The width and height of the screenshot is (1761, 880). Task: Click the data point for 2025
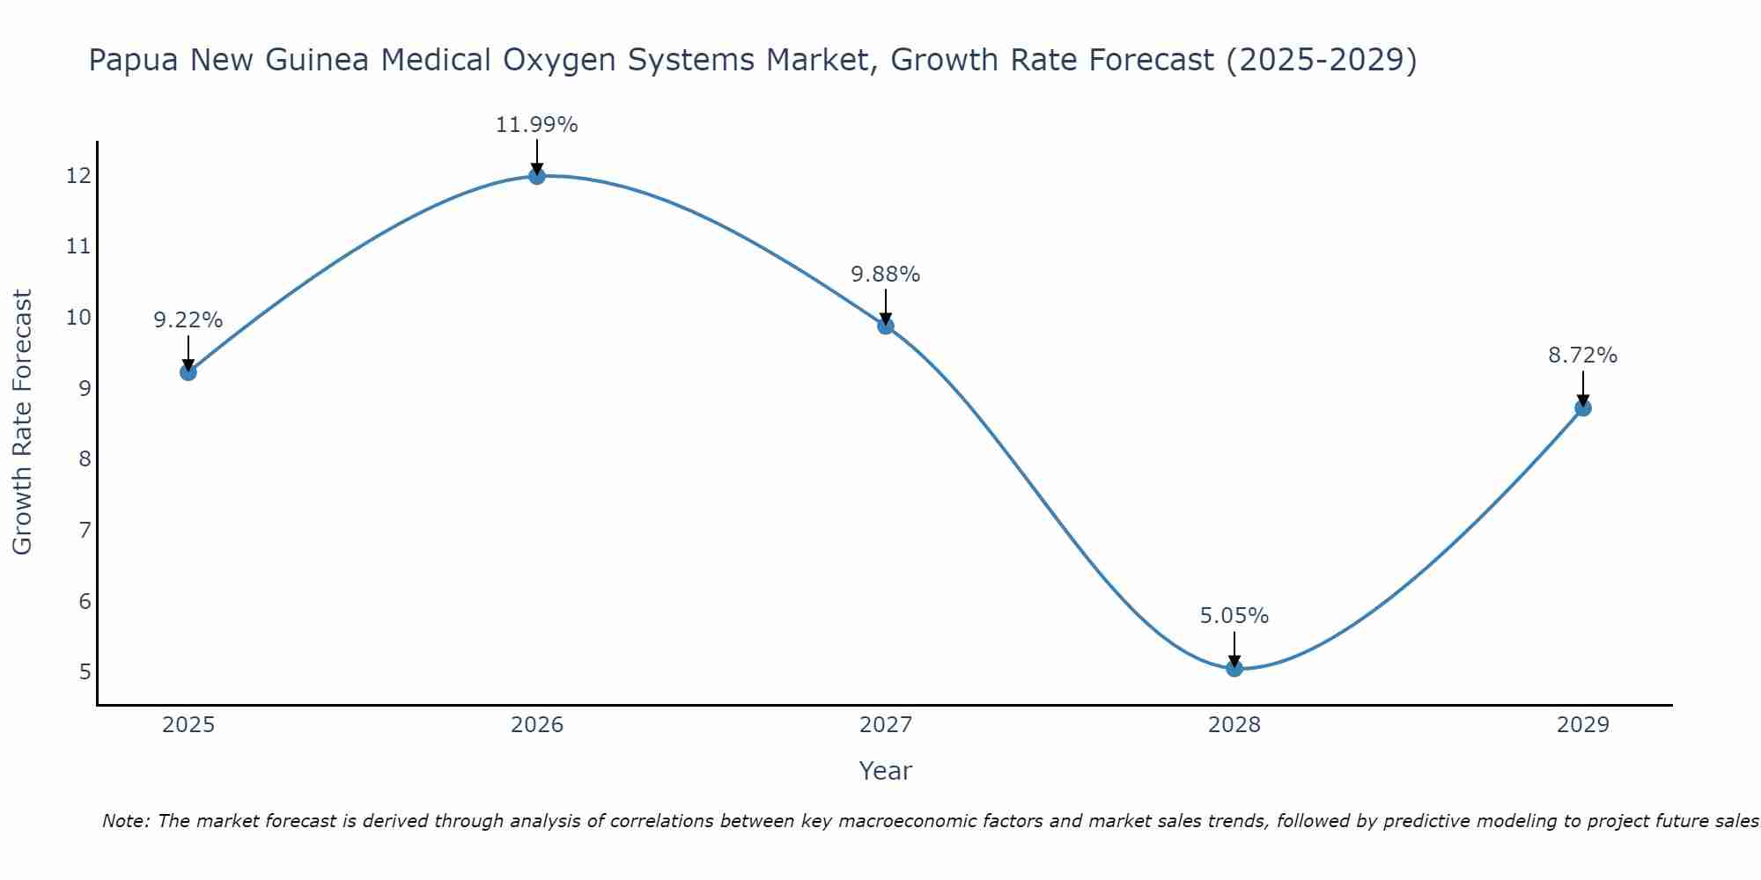pos(188,372)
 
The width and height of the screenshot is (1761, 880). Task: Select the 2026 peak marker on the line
pos(536,176)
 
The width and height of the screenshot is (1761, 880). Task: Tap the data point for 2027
pos(885,326)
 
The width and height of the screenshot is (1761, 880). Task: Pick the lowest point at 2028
pos(1234,668)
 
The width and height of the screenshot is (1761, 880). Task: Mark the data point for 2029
pos(1582,408)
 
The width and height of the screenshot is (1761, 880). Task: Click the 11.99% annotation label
pos(536,125)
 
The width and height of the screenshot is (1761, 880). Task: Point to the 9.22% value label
pos(188,320)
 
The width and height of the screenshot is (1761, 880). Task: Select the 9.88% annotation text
pos(885,275)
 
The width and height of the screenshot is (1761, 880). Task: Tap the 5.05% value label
pos(1234,616)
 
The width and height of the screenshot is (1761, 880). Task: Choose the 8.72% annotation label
pos(1582,356)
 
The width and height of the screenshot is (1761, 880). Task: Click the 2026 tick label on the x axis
pos(536,725)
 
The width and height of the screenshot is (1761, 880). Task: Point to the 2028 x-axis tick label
pos(1234,725)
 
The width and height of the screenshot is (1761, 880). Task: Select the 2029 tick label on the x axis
pos(1582,725)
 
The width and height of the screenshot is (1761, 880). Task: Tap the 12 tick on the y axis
pos(78,176)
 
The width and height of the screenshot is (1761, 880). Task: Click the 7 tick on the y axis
pos(85,530)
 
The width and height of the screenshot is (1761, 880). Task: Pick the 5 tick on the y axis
pos(85,672)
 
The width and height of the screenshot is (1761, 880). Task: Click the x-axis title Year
pos(885,771)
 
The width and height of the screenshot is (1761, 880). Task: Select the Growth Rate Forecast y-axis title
pos(23,422)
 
